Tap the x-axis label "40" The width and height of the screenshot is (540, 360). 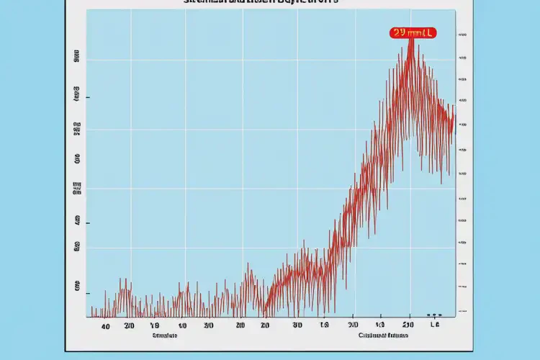coord(106,325)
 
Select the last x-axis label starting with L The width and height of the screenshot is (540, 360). coord(434,325)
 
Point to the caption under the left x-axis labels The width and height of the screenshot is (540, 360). coord(164,336)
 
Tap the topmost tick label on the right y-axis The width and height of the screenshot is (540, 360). coord(462,34)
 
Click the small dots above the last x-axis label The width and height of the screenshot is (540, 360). coord(434,315)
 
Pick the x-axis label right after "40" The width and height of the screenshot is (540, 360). coord(130,325)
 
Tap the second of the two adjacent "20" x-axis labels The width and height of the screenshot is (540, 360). coord(265,325)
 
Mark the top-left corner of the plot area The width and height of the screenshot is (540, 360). coord(86,10)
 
